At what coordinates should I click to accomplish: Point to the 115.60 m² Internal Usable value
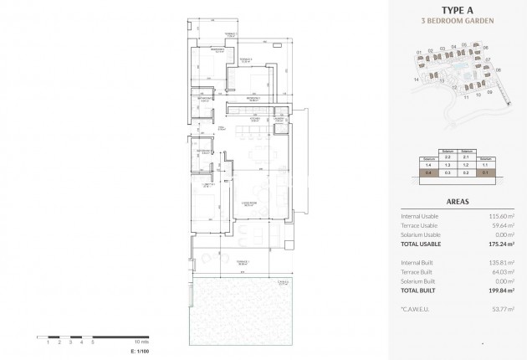499,216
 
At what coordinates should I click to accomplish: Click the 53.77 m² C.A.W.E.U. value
501,309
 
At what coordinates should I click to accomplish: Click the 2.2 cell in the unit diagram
447,157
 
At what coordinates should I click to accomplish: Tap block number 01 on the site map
418,52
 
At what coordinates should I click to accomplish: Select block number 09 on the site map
489,92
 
